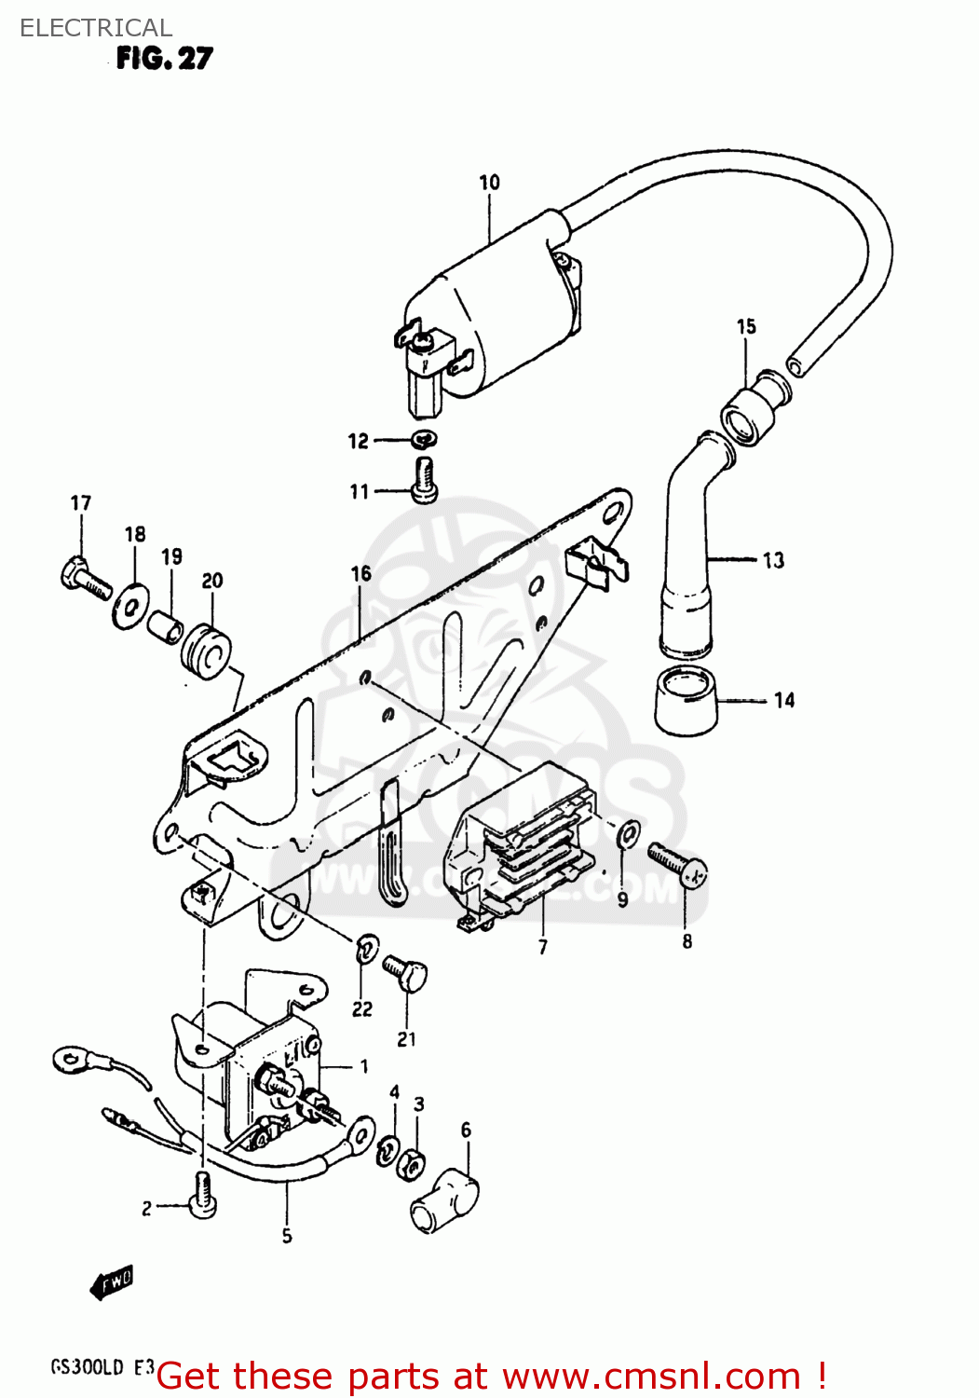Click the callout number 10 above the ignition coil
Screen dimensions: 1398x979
489,183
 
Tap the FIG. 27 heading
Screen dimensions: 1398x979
164,59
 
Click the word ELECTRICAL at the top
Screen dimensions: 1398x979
96,28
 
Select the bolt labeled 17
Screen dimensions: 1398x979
85,577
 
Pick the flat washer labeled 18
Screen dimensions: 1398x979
129,607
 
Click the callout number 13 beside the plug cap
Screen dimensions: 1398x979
773,560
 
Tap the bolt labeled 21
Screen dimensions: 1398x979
406,975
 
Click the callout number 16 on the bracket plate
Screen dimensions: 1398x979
361,574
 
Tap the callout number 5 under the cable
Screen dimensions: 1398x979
287,1236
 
